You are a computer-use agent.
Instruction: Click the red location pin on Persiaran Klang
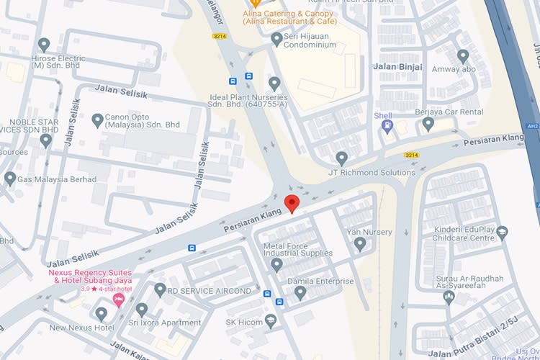pos(292,204)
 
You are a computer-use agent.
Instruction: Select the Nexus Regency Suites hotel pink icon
pos(120,299)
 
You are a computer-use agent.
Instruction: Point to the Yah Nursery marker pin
pos(360,244)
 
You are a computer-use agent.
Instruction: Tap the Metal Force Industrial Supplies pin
pos(276,265)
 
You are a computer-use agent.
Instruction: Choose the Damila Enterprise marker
pos(300,292)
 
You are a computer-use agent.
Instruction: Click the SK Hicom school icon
pos(271,321)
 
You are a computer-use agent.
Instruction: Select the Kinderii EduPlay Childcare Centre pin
pos(502,232)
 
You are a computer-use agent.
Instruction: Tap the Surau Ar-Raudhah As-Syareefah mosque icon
pos(449,296)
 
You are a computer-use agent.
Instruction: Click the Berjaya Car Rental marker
pos(428,123)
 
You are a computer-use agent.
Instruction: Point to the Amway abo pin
pos(463,55)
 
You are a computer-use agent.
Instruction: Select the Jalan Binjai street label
pos(396,66)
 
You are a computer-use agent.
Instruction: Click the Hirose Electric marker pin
pos(44,45)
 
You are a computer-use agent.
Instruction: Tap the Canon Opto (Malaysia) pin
pos(98,120)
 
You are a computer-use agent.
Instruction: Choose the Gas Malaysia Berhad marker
pos(10,178)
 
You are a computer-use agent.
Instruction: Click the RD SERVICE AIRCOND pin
pos(160,290)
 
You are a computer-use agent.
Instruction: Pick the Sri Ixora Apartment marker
pos(142,310)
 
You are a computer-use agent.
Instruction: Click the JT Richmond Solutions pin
pos(342,158)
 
